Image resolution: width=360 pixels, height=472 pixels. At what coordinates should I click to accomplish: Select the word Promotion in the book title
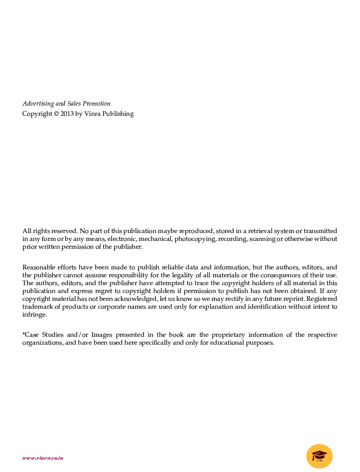pos(96,104)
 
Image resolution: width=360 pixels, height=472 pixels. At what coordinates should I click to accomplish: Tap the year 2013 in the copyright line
pos(67,114)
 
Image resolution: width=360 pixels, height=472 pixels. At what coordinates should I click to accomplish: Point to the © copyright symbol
pos(56,114)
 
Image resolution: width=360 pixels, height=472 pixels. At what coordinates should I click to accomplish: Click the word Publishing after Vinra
pos(118,114)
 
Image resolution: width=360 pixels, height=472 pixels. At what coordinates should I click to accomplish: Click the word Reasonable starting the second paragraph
pos(39,267)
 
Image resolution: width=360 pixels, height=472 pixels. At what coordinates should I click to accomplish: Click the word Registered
pos(322,299)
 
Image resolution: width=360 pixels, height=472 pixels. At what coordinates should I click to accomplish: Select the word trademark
pos(37,307)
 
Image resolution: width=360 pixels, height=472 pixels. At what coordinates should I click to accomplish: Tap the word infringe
pos(34,315)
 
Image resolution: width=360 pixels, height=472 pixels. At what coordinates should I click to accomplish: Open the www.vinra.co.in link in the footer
pos(43,458)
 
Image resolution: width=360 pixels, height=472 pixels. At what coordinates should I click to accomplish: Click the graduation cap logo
pos(319,456)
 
